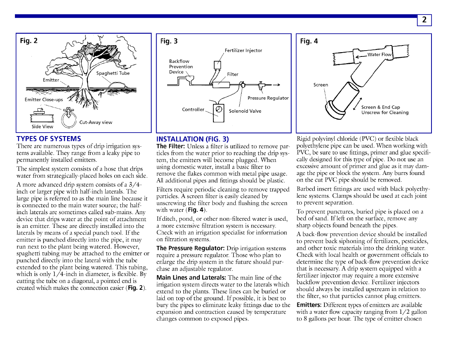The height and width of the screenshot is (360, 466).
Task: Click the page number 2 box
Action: pos(424,20)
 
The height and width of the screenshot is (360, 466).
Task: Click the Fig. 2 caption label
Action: pos(29,40)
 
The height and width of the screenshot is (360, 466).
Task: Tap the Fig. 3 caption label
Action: pos(169,41)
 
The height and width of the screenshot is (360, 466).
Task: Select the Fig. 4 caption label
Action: pos(309,41)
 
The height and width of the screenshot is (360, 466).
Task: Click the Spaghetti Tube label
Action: pos(113,73)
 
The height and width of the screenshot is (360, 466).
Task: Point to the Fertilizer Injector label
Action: pos(243,51)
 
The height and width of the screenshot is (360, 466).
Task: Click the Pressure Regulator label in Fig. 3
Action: pos(268,98)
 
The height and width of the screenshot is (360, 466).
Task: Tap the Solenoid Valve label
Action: pos(245,111)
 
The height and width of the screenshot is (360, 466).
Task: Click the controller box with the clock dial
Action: pos(218,109)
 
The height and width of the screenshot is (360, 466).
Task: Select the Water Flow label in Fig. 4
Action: pos(379,55)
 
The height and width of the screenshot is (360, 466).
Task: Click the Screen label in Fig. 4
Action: pos(320,85)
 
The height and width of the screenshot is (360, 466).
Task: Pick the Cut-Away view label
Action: pos(96,122)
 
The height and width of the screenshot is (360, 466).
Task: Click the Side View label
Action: pos(42,127)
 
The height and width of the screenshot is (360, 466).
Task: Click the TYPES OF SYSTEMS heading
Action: pos(49,139)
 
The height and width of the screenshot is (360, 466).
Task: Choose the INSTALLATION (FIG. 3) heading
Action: pos(192,139)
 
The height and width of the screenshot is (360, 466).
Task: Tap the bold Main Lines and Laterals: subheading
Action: pos(191,278)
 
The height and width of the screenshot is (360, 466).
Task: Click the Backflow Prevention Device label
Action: pos(181,67)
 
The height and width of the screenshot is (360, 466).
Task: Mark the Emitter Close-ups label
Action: pos(44,100)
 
